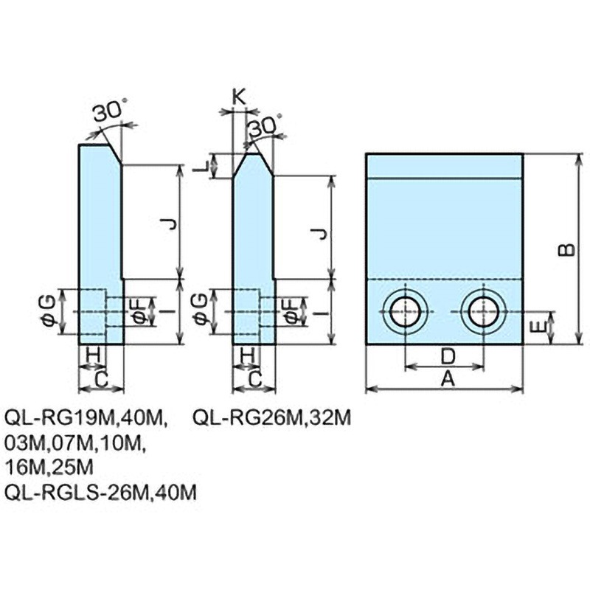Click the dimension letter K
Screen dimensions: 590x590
click(x=239, y=96)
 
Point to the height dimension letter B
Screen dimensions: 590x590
click(x=566, y=249)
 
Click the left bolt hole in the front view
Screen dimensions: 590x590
click(x=404, y=312)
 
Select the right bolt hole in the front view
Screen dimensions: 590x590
click(x=484, y=312)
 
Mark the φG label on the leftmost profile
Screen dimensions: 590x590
click(x=46, y=311)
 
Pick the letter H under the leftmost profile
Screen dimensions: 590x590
click(x=93, y=355)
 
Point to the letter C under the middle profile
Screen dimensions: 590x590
click(x=254, y=379)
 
